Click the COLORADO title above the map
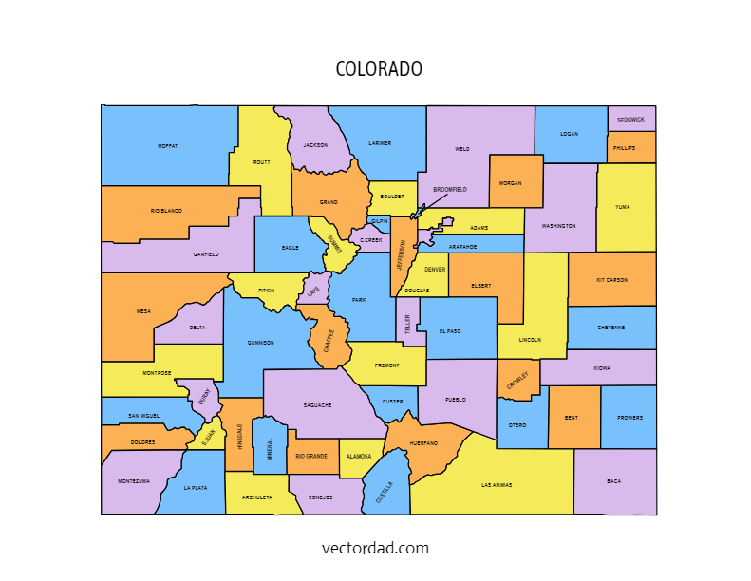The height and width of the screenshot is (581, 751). point(379,70)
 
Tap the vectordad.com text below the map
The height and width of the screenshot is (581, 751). point(375,548)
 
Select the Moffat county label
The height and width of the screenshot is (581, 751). point(168,146)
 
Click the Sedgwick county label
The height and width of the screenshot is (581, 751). point(630,120)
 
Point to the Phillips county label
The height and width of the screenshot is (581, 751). point(624,148)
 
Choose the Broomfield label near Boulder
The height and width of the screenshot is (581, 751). point(450,190)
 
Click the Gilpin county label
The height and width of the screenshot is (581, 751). point(380,221)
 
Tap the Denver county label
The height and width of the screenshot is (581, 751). point(435,270)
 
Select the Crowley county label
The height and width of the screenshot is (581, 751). point(517,380)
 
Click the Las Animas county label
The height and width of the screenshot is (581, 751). point(497,485)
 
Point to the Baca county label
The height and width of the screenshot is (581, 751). point(613,481)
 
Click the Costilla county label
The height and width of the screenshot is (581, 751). point(385,494)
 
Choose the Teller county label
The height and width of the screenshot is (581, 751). point(407,324)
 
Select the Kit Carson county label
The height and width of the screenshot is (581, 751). point(611,280)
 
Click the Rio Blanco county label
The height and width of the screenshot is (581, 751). point(166,211)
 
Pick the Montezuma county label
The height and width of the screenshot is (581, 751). point(134,481)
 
